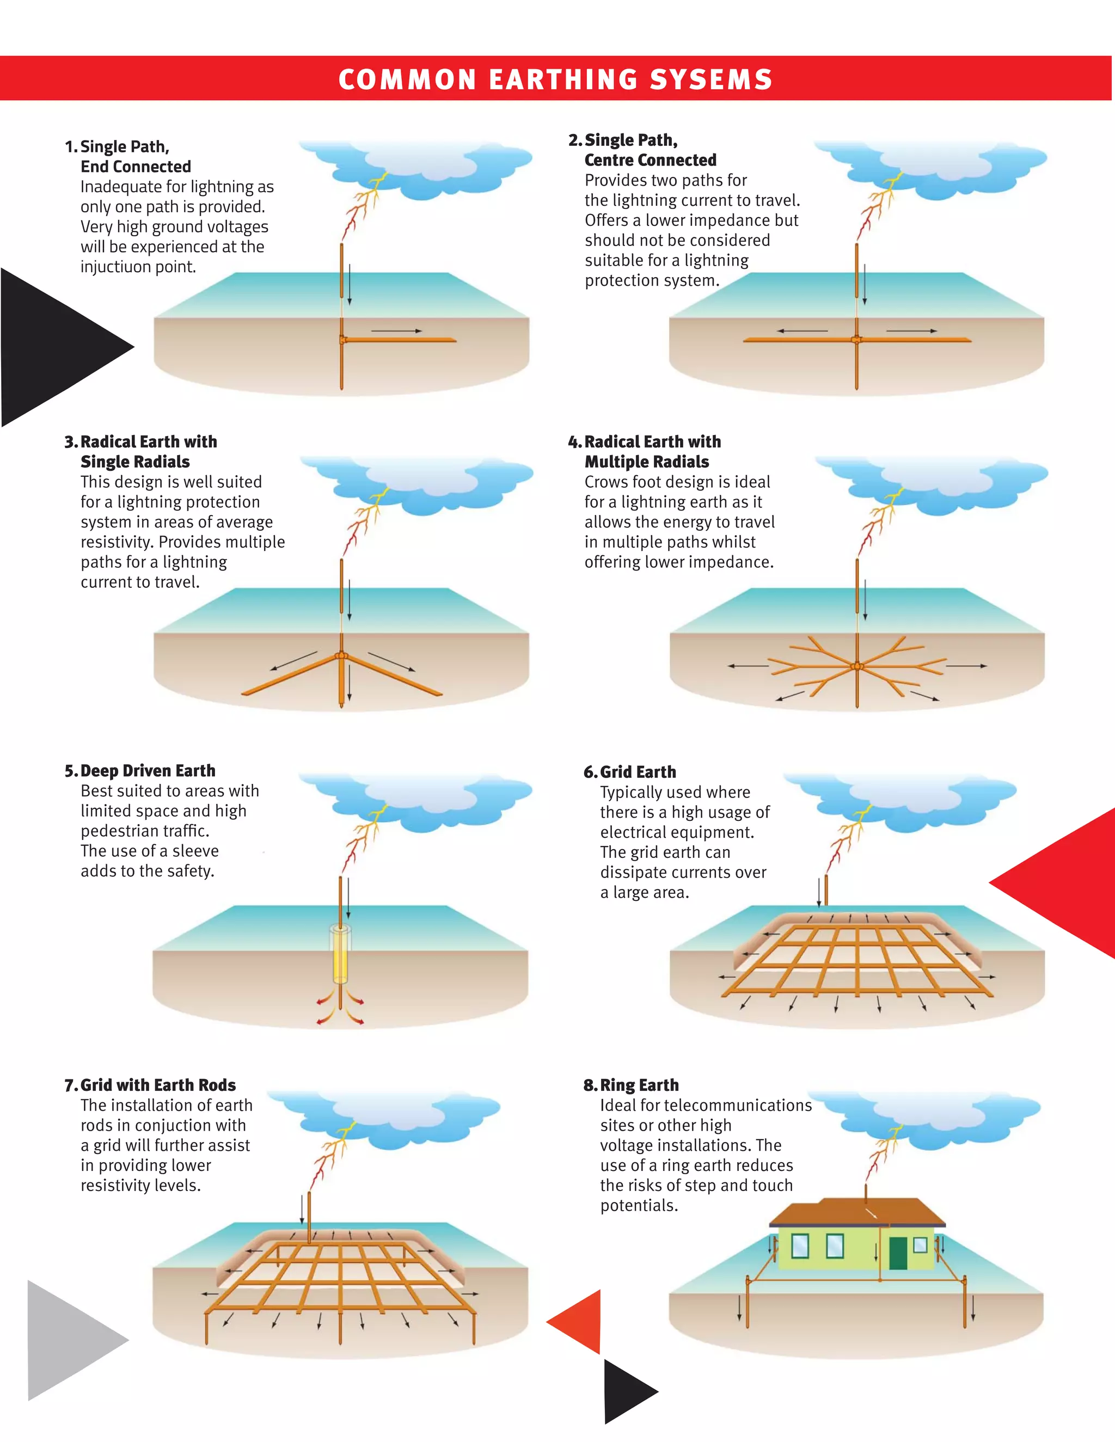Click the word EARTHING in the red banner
(563, 79)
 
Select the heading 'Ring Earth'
(639, 1085)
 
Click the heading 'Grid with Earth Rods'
(158, 1085)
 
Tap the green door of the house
(898, 1253)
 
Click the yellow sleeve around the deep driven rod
(341, 954)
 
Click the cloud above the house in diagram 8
(933, 1116)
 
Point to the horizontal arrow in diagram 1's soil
(396, 330)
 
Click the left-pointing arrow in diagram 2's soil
(802, 330)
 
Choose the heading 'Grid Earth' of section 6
(638, 772)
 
